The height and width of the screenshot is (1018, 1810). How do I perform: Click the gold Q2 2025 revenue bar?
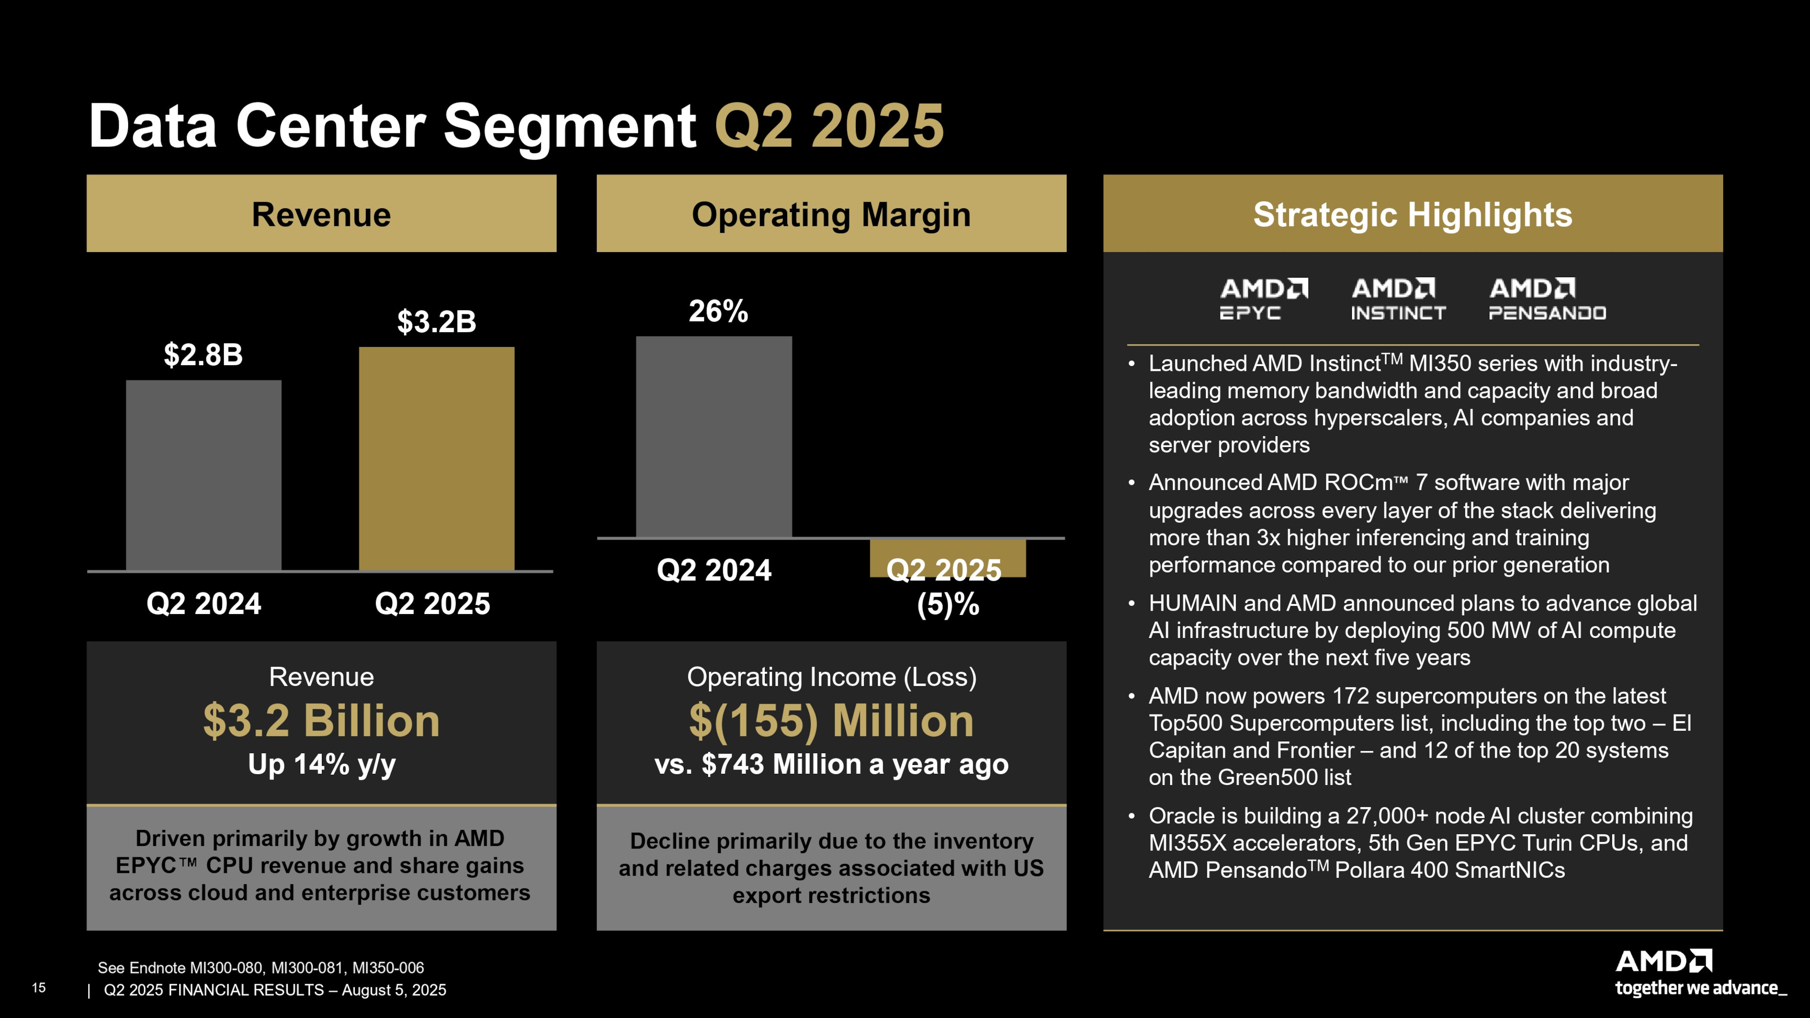click(x=436, y=458)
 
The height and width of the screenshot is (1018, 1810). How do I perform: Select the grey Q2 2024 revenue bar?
click(x=204, y=475)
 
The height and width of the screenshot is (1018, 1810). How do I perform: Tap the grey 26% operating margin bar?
click(x=714, y=436)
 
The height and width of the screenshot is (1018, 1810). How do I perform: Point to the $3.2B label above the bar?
click(x=436, y=322)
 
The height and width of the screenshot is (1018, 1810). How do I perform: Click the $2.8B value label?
click(x=203, y=355)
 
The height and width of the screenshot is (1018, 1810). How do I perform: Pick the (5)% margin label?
click(x=948, y=604)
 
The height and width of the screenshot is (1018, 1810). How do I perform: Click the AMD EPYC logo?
click(x=1263, y=299)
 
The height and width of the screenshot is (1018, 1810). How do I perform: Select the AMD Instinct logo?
click(x=1398, y=299)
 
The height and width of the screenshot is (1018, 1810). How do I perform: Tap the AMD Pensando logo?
click(x=1547, y=299)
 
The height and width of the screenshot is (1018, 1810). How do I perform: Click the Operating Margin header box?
click(x=831, y=213)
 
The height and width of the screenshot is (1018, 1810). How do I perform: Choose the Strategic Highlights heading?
click(x=1412, y=214)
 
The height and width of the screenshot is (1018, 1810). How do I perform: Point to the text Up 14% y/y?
click(x=322, y=764)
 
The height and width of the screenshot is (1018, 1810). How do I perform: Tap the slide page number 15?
click(x=39, y=988)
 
